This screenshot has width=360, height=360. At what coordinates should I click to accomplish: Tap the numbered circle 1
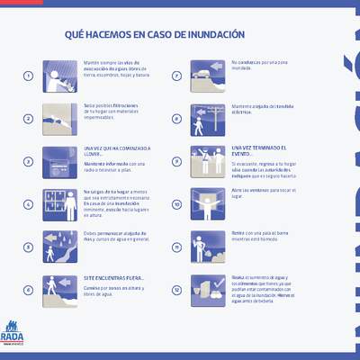[x=28, y=76]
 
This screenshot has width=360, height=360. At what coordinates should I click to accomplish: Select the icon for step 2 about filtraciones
[x=60, y=119]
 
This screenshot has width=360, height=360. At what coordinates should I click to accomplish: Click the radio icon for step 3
[x=60, y=161]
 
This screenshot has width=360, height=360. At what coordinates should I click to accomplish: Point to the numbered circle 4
[x=28, y=204]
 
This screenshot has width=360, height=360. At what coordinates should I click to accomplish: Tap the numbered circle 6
[x=28, y=291]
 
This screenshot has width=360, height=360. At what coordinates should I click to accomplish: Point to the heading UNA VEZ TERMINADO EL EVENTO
[x=259, y=149]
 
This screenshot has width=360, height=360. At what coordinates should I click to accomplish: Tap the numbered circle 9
[x=177, y=162]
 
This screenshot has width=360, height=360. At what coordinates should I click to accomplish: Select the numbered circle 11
[x=177, y=247]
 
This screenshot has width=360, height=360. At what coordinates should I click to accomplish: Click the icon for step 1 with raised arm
[x=60, y=76]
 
